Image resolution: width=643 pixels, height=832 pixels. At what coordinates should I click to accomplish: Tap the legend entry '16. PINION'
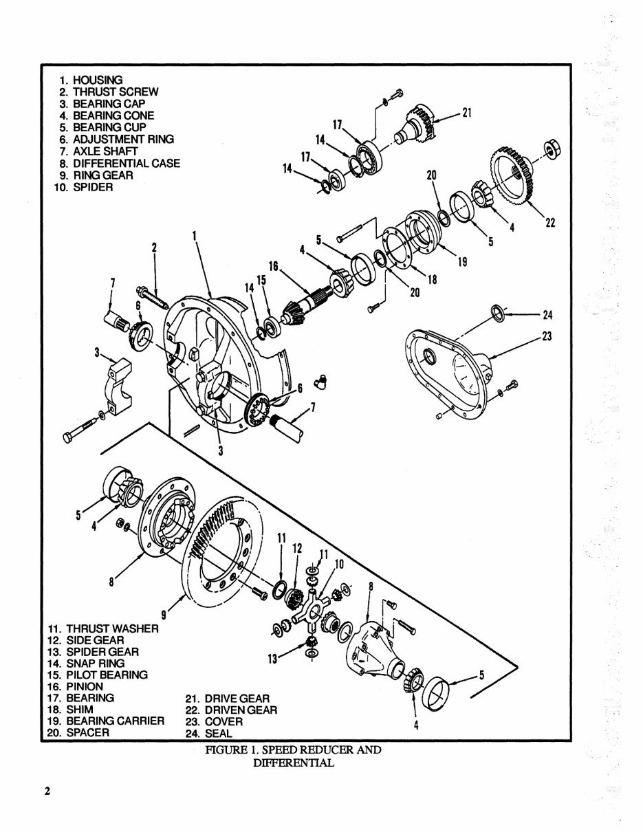coord(76,686)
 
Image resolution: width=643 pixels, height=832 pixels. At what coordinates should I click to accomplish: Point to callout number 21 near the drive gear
coord(466,113)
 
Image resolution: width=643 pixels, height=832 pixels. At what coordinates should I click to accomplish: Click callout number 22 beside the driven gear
coord(550,222)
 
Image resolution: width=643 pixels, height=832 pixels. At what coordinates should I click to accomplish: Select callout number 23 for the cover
coord(547,337)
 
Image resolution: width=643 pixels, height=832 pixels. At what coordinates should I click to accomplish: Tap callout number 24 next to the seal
coord(547,316)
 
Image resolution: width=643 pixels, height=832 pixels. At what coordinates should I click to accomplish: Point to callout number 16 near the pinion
coord(273,265)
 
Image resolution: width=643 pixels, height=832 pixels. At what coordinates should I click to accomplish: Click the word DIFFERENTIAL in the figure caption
coord(293,763)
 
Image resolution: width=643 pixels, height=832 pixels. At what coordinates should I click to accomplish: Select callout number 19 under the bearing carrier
coord(462,262)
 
